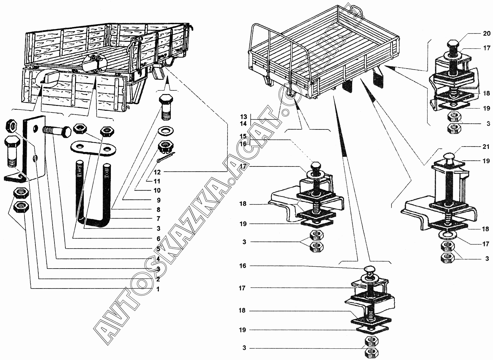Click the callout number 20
[487, 33]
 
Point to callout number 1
[158, 289]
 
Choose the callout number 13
[243, 117]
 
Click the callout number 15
[243, 136]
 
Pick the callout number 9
[158, 200]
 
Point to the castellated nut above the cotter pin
[166, 147]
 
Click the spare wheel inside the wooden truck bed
[93, 62]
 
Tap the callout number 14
[243, 124]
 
